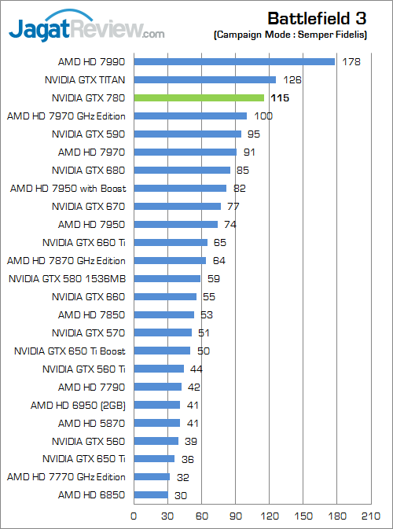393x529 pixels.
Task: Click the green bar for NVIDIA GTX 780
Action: pyautogui.click(x=199, y=97)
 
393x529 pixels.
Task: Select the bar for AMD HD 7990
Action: pyautogui.click(x=234, y=61)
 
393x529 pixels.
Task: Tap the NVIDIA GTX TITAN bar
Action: pyautogui.click(x=205, y=79)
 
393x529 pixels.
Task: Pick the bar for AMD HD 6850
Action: pyautogui.click(x=151, y=495)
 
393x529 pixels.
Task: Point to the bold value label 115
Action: pyautogui.click(x=279, y=97)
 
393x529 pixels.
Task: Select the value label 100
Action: pyautogui.click(x=263, y=116)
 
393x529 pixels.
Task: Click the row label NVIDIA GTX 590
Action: pyautogui.click(x=88, y=134)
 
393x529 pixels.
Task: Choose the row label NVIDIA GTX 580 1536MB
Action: pyautogui.click(x=67, y=278)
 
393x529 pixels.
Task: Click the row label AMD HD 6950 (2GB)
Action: pyautogui.click(x=78, y=405)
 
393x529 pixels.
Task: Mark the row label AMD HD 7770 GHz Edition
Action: pyautogui.click(x=66, y=477)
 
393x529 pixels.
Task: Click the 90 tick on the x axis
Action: pyautogui.click(x=235, y=516)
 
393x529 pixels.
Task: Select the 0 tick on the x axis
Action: pyautogui.click(x=134, y=516)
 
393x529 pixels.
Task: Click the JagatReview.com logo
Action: pyautogui.click(x=86, y=30)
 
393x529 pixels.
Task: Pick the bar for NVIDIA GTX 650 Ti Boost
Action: pyautogui.click(x=162, y=351)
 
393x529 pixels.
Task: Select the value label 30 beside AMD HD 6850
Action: pyautogui.click(x=180, y=495)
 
